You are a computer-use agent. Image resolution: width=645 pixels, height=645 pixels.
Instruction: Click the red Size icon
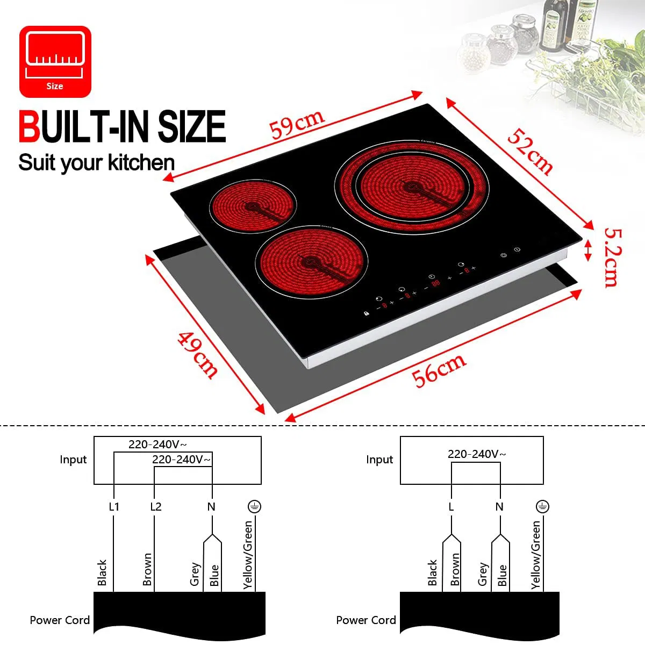pyautogui.click(x=55, y=61)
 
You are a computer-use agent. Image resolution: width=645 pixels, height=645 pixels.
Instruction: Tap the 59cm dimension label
pyautogui.click(x=297, y=124)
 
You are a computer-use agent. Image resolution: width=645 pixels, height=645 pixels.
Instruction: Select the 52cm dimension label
pyautogui.click(x=530, y=152)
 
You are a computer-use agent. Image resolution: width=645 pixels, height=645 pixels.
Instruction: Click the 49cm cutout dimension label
pyautogui.click(x=198, y=355)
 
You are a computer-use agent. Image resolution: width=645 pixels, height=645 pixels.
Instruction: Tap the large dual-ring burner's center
pyautogui.click(x=412, y=188)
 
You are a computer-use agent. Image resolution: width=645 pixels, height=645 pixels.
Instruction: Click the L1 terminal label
pyautogui.click(x=114, y=507)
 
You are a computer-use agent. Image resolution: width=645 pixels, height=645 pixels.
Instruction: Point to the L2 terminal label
pyautogui.click(x=156, y=507)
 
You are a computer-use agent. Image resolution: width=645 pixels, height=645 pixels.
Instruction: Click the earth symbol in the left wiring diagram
pyautogui.click(x=254, y=506)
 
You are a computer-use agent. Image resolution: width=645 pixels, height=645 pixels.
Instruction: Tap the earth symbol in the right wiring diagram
pyautogui.click(x=542, y=506)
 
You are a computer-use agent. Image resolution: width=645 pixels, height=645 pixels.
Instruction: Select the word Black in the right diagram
pyautogui.click(x=432, y=572)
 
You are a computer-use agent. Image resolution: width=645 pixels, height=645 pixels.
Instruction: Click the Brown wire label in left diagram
pyautogui.click(x=147, y=569)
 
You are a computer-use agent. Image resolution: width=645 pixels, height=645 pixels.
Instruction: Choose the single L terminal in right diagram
pyautogui.click(x=451, y=507)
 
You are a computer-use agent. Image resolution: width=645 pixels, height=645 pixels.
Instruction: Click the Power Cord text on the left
pyautogui.click(x=60, y=620)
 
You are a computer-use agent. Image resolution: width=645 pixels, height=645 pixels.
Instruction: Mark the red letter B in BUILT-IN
pyautogui.click(x=29, y=127)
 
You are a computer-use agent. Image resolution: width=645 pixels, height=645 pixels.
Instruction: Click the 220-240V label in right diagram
pyautogui.click(x=476, y=454)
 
